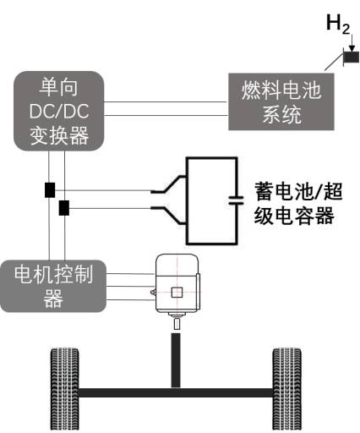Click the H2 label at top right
[x=338, y=25]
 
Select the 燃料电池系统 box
[x=281, y=101]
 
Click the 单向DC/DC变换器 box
[x=59, y=111]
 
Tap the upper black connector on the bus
[x=50, y=189]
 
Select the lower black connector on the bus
[x=64, y=207]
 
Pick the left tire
[x=64, y=389]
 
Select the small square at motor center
[x=177, y=293]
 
